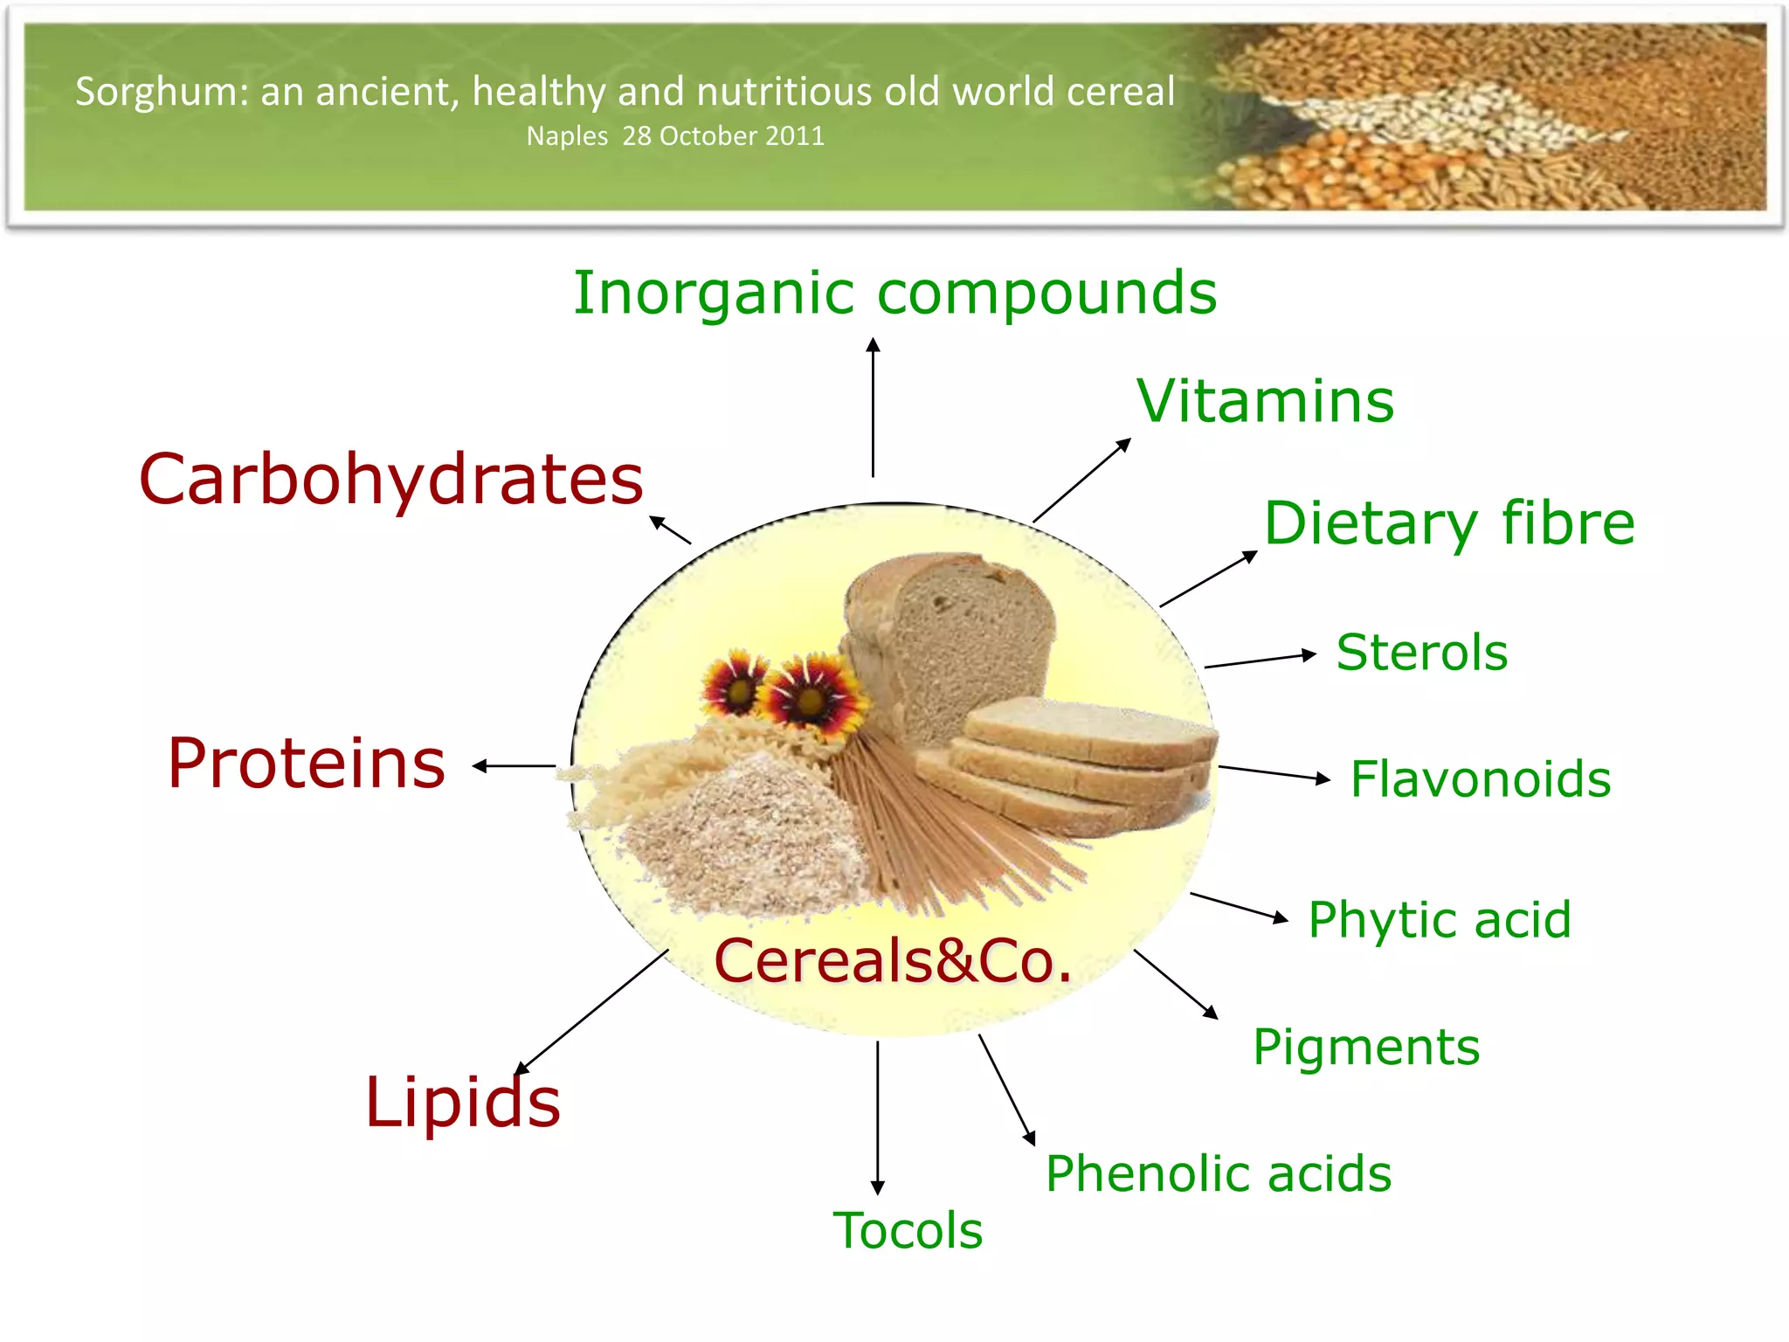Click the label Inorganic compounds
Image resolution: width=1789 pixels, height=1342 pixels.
894,294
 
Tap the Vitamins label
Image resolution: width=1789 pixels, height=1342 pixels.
1265,402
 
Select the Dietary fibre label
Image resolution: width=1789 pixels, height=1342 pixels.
1449,523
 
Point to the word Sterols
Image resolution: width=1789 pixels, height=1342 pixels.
1422,653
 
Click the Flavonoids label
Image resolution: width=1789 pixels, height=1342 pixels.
1481,778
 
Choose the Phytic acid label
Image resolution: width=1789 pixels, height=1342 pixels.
1440,920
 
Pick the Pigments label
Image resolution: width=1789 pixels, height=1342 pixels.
1366,1047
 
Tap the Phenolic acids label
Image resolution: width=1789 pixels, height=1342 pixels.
1219,1173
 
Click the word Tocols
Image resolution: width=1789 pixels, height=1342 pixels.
908,1230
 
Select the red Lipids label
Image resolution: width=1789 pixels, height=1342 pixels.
462,1103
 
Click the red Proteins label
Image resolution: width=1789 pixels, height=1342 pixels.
307,764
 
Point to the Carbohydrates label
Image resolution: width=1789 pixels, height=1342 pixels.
391,480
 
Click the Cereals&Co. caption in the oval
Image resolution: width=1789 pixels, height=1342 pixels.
893,961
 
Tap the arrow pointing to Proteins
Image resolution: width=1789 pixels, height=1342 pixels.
514,766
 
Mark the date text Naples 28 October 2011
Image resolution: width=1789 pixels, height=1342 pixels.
675,136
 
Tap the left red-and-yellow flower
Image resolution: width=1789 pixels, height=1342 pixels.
736,683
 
